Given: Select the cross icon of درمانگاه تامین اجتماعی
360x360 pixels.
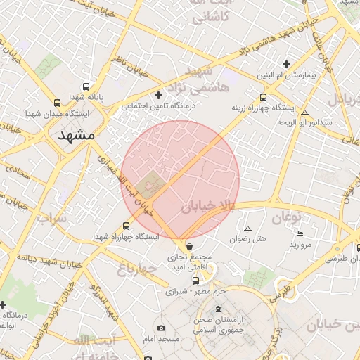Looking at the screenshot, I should (158, 95).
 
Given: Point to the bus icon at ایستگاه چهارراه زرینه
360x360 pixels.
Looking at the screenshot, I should (263, 98).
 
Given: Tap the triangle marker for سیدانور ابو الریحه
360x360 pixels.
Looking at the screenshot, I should (304, 112).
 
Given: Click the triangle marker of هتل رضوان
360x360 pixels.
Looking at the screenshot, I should (247, 229).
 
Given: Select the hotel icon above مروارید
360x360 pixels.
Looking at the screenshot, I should (300, 233).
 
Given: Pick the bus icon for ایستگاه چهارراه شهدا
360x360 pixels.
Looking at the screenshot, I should (126, 226).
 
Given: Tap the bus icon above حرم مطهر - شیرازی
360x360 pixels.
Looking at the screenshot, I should (186, 281).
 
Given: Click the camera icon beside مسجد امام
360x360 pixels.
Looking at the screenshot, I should (162, 328).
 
